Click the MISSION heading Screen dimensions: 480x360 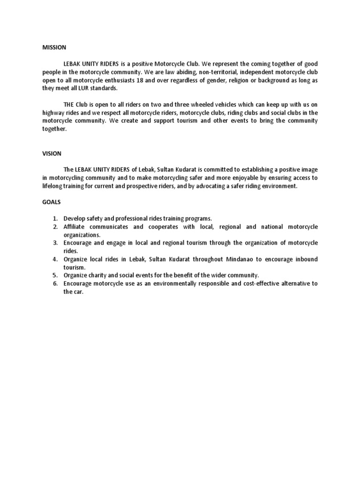pos(54,47)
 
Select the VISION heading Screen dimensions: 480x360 pos(52,153)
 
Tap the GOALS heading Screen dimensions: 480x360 pos(51,202)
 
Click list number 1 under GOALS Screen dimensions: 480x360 pos(54,218)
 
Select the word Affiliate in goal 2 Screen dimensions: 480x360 pos(75,226)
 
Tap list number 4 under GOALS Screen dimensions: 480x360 pos(54,259)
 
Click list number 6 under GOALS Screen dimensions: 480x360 pos(54,284)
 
